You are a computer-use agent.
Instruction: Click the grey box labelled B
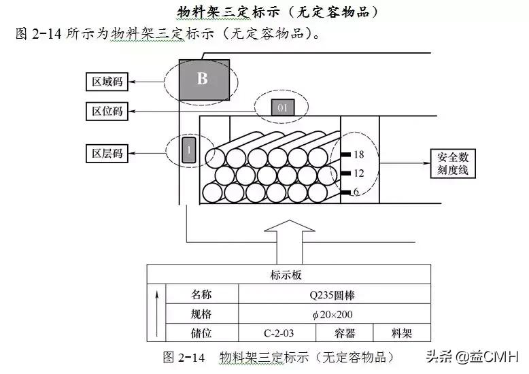click(x=203, y=79)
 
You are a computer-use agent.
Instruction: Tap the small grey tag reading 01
click(x=283, y=107)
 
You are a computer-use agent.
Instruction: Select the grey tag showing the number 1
click(x=188, y=150)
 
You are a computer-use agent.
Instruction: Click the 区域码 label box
click(x=107, y=82)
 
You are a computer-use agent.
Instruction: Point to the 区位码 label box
click(x=107, y=111)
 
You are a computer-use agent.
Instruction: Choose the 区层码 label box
click(x=107, y=153)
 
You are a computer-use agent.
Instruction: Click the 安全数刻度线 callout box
click(x=453, y=163)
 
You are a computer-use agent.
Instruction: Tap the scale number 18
click(x=359, y=154)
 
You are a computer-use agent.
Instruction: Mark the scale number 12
click(x=359, y=173)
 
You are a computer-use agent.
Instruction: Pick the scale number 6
click(x=356, y=192)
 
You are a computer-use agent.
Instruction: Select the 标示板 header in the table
click(x=289, y=275)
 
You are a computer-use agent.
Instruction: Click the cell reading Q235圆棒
click(x=335, y=295)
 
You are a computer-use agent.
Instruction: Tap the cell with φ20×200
click(x=335, y=314)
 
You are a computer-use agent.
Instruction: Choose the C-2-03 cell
click(x=277, y=333)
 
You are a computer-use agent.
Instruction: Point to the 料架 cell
click(x=402, y=333)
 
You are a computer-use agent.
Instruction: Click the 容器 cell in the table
click(x=345, y=333)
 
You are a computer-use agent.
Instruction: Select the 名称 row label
click(x=201, y=295)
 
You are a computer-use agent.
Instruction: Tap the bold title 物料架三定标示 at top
click(x=277, y=12)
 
